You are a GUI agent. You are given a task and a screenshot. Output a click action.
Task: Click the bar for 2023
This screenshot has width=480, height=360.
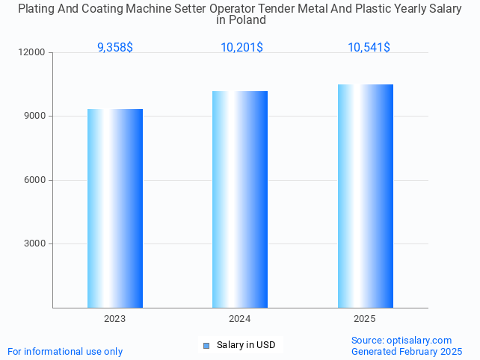115,208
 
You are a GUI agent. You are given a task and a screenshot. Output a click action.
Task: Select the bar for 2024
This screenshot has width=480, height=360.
240,199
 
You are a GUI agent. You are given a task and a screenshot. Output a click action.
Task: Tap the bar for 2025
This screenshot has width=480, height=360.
365,196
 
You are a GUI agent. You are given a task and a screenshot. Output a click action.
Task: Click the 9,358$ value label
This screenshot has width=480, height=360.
115,48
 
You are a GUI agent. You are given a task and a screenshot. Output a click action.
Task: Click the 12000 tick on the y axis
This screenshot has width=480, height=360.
33,53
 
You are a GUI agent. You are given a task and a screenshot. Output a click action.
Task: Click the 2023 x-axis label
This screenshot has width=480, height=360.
115,319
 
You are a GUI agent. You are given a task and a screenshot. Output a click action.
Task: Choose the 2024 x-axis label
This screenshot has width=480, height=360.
240,319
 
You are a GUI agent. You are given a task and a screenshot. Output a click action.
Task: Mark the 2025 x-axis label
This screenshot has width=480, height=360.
365,319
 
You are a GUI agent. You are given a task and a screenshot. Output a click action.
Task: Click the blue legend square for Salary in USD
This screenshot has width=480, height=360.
207,345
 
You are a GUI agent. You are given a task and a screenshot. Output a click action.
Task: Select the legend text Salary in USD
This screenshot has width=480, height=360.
246,345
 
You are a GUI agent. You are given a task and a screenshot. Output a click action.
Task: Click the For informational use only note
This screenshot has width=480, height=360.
65,351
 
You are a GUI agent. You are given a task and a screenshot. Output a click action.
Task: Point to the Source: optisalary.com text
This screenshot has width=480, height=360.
401,340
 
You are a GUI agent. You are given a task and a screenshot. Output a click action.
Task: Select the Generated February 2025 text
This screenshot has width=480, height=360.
407,351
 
